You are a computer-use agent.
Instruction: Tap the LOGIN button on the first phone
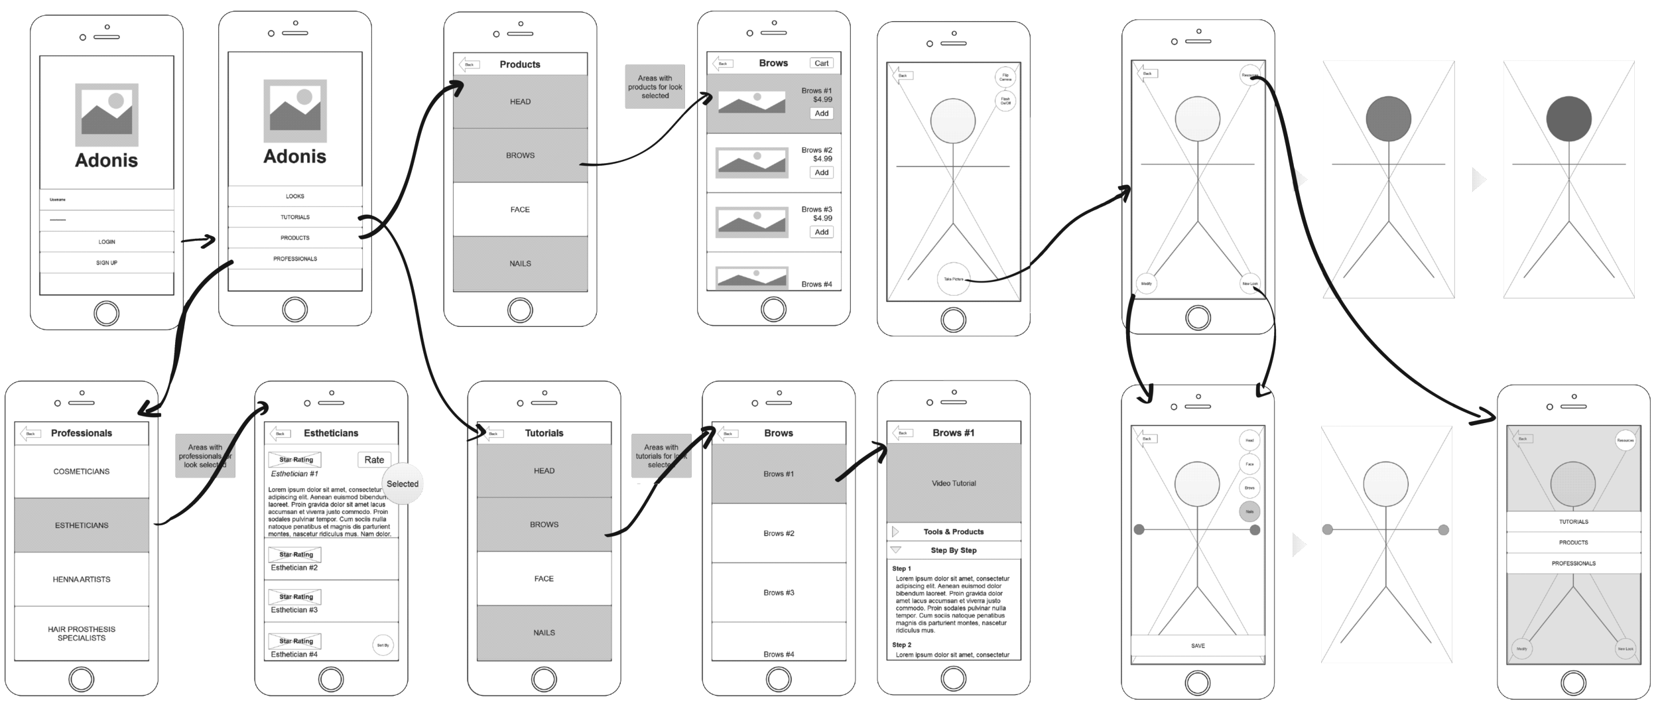(107, 242)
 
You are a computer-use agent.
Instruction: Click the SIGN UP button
(107, 263)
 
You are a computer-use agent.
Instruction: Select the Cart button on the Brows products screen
(821, 64)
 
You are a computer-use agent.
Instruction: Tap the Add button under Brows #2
(821, 172)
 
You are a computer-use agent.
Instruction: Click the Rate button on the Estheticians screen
(374, 460)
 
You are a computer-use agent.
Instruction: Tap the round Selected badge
(403, 484)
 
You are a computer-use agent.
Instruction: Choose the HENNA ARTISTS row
(82, 579)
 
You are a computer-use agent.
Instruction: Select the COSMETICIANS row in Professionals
(82, 472)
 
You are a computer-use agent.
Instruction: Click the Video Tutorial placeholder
(954, 483)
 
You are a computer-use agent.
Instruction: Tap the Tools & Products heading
(954, 532)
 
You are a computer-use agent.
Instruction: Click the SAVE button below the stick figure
(1198, 645)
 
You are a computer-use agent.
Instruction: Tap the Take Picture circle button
(952, 280)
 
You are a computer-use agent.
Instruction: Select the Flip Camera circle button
(1005, 77)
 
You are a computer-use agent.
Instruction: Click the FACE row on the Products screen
(520, 210)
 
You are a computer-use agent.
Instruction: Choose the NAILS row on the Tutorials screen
(544, 633)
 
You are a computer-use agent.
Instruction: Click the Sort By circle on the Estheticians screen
(383, 645)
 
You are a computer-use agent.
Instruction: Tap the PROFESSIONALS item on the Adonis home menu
(295, 259)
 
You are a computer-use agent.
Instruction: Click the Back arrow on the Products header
(469, 64)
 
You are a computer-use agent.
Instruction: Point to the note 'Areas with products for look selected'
(655, 87)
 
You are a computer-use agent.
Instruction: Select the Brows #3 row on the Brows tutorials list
(779, 592)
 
